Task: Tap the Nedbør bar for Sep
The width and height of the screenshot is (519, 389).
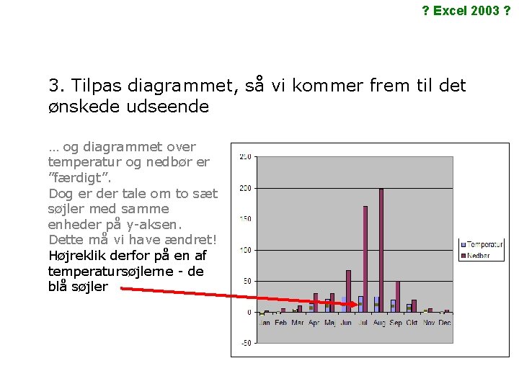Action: pyautogui.click(x=398, y=296)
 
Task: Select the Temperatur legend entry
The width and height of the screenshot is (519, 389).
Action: pyautogui.click(x=484, y=245)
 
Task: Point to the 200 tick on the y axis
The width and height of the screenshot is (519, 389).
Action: pyautogui.click(x=245, y=188)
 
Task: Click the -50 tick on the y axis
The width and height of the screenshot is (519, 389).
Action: pyautogui.click(x=245, y=343)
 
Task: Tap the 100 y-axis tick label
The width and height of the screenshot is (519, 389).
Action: pyautogui.click(x=245, y=250)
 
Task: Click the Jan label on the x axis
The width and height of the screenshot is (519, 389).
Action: pyautogui.click(x=264, y=323)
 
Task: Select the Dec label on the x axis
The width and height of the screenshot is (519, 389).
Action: pyautogui.click(x=445, y=323)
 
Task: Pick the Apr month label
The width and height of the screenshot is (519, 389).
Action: pyautogui.click(x=314, y=323)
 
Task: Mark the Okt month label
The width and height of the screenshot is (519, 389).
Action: pyautogui.click(x=412, y=323)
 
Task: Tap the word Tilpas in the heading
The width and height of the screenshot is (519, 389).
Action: pyautogui.click(x=97, y=86)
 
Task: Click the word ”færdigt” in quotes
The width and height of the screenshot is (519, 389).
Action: pyautogui.click(x=79, y=177)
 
